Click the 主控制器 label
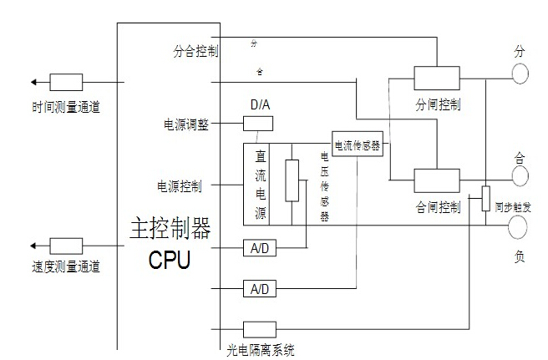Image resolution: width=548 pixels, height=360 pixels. point(170,228)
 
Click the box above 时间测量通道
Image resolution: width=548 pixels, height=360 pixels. point(66,82)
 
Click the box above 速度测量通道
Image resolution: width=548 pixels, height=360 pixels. point(66,246)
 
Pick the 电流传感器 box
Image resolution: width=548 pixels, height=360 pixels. point(357,145)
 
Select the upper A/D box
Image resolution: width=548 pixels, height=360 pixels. point(258,248)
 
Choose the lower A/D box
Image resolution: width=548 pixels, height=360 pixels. point(258,289)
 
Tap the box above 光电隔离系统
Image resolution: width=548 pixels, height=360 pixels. point(259,329)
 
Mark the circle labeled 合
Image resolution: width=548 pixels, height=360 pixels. point(520,175)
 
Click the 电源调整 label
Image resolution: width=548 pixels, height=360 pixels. point(185,125)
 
